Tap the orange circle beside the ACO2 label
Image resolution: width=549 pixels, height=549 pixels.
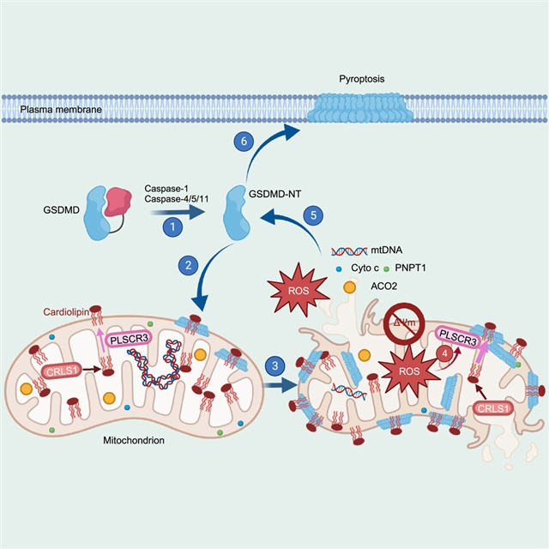tap(350, 287)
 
